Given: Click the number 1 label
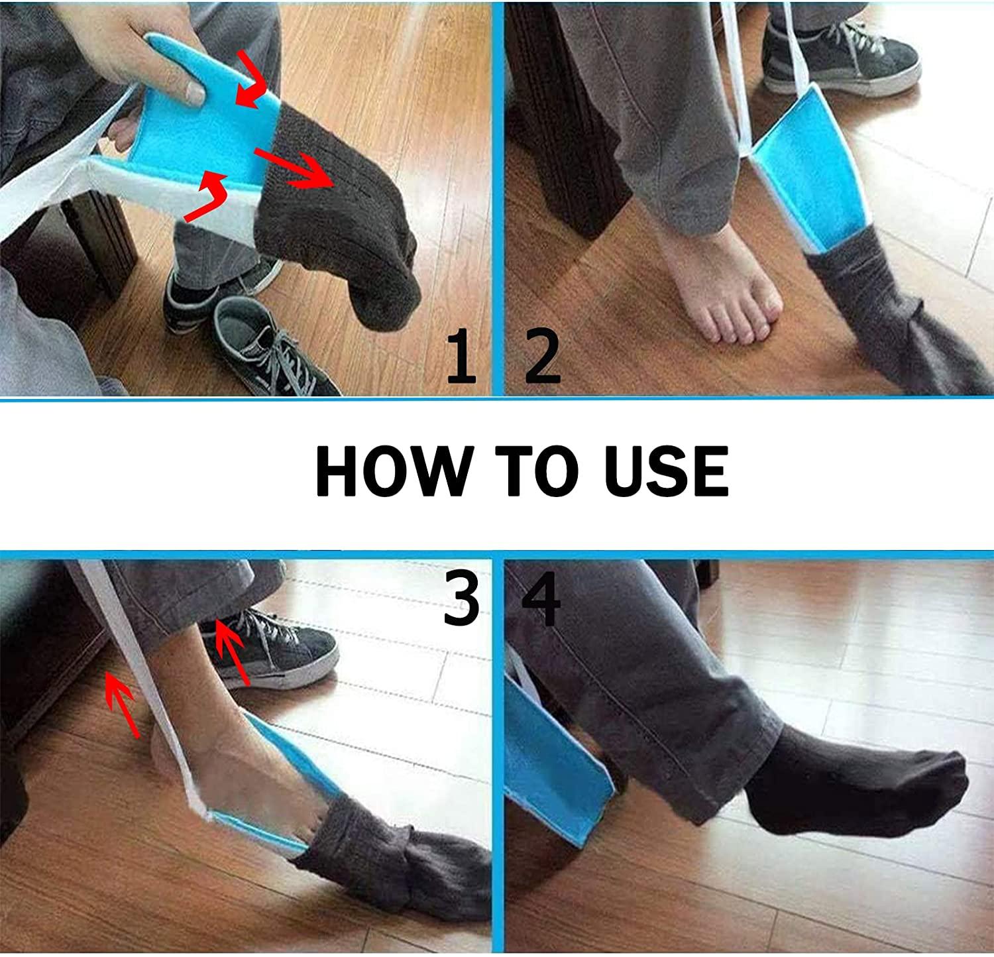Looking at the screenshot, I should (x=461, y=358).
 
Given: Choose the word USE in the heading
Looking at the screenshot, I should (x=667, y=471).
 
